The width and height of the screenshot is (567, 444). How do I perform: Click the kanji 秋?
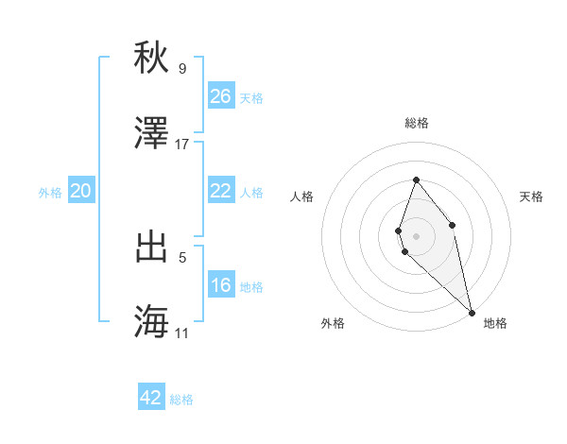152,58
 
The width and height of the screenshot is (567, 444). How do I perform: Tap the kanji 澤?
152,133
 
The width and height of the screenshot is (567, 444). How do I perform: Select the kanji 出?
152,247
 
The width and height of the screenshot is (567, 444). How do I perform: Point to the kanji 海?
152,322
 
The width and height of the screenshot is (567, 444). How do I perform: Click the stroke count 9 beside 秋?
181,68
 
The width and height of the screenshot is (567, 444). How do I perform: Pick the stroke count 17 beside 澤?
182,144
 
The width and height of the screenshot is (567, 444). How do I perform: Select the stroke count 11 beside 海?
182,333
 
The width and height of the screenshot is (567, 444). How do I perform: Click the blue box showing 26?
220,96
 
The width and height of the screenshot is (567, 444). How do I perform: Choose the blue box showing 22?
220,191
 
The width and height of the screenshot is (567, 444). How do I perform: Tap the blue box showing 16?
220,285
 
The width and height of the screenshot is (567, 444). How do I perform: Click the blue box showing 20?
80,191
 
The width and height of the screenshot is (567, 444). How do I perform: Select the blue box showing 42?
151,398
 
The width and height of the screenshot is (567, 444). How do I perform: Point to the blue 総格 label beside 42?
181,400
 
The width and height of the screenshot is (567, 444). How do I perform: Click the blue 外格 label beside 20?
50,193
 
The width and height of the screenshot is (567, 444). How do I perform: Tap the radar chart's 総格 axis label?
416,123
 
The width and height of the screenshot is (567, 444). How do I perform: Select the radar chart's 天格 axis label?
531,196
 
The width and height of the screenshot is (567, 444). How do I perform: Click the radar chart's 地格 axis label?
495,323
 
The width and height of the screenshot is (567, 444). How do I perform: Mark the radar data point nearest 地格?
472,312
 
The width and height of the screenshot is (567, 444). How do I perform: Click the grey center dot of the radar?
416,235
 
